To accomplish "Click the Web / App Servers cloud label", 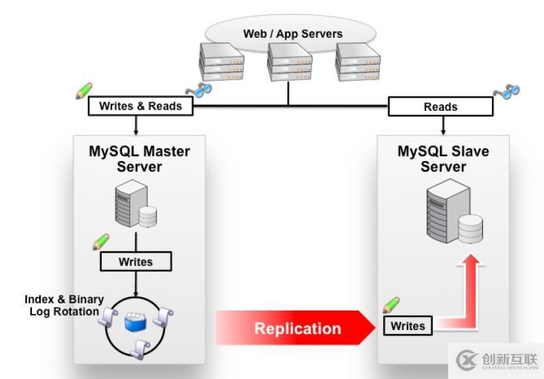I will (x=293, y=33).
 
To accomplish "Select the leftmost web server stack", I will (x=221, y=63).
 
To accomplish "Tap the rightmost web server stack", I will (x=358, y=63).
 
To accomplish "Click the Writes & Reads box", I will (x=140, y=106).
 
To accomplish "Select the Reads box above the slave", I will (x=440, y=106).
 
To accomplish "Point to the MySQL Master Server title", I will (x=139, y=159).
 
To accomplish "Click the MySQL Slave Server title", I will (x=443, y=159).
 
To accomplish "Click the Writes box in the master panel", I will (x=136, y=262).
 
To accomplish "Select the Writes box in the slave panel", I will (x=408, y=326).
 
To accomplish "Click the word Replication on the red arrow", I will (x=297, y=328).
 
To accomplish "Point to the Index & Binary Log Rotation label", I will (x=64, y=305).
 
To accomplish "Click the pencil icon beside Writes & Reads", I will (x=84, y=91).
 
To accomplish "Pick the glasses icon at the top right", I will (x=506, y=91).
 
